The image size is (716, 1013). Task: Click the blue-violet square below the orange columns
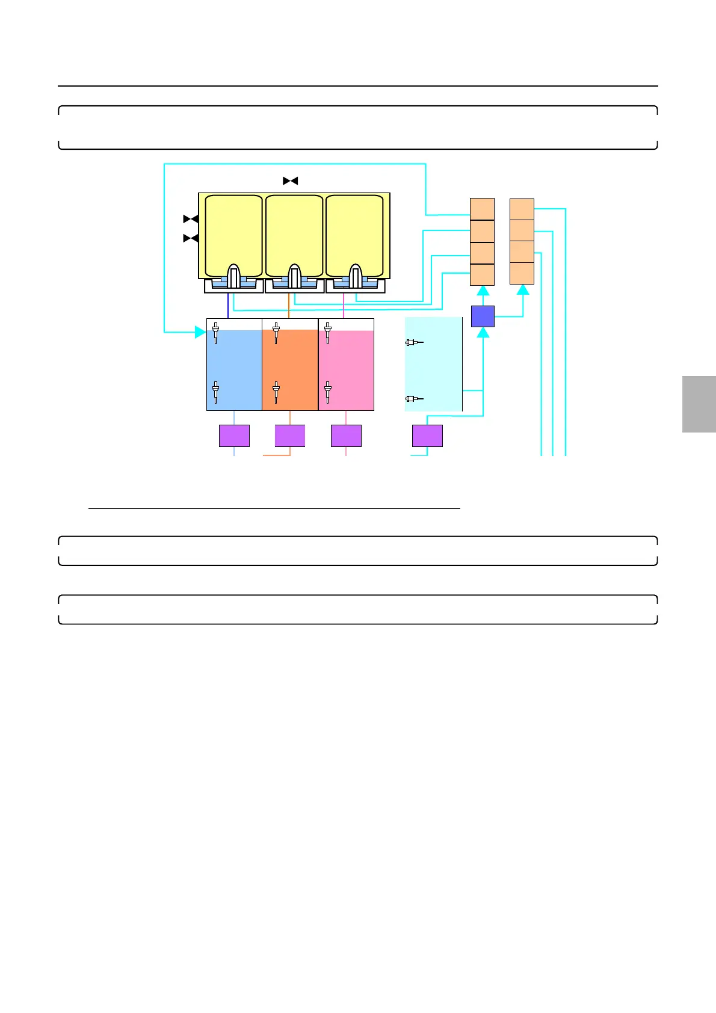pos(483,316)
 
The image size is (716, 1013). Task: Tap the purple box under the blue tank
pos(234,436)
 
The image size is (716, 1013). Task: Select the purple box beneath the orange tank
pos(290,436)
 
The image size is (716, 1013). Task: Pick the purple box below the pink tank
pos(346,436)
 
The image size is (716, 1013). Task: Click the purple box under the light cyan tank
pos(427,436)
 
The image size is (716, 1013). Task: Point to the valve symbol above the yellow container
pos(291,180)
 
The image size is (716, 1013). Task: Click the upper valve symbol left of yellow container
pos(191,219)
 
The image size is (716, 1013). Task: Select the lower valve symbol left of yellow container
pos(191,239)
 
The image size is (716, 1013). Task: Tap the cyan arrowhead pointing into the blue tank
pos(201,331)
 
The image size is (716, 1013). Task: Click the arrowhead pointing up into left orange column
pos(483,291)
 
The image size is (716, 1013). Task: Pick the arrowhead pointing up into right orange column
pos(523,290)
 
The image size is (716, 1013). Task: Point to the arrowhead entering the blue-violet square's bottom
pos(483,332)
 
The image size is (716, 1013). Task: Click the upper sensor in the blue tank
pos(215,333)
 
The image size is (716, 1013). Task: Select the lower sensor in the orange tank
pos(276,392)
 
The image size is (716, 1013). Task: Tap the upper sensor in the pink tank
pos(327,333)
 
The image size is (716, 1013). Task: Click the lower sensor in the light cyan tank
pos(413,398)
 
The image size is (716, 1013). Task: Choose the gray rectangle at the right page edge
pos(699,404)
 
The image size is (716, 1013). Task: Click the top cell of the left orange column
pos(482,209)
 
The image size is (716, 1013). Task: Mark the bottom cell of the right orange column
pos(522,273)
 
